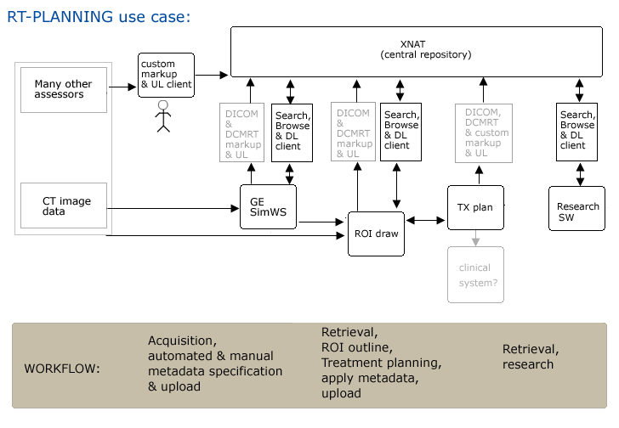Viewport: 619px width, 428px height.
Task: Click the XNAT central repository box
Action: click(424, 50)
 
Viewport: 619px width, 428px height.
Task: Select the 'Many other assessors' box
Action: click(64, 89)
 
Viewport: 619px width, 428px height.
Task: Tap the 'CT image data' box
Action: click(64, 206)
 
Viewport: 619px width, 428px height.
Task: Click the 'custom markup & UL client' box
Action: click(166, 75)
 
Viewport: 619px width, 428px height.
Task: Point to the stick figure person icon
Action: click(163, 118)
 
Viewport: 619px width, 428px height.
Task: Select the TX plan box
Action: click(475, 206)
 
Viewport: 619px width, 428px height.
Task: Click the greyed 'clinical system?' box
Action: click(475, 273)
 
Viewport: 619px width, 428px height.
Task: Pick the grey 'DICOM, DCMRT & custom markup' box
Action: click(481, 132)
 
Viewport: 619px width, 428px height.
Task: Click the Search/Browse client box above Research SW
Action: click(577, 132)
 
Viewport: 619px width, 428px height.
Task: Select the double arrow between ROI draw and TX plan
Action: click(426, 221)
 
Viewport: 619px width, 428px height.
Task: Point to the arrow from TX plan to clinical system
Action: click(475, 238)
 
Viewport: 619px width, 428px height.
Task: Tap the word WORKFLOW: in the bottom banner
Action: click(62, 369)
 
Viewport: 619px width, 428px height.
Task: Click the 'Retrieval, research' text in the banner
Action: click(530, 357)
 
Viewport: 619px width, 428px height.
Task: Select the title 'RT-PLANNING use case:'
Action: click(99, 15)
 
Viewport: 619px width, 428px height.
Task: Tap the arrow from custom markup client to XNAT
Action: click(213, 75)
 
